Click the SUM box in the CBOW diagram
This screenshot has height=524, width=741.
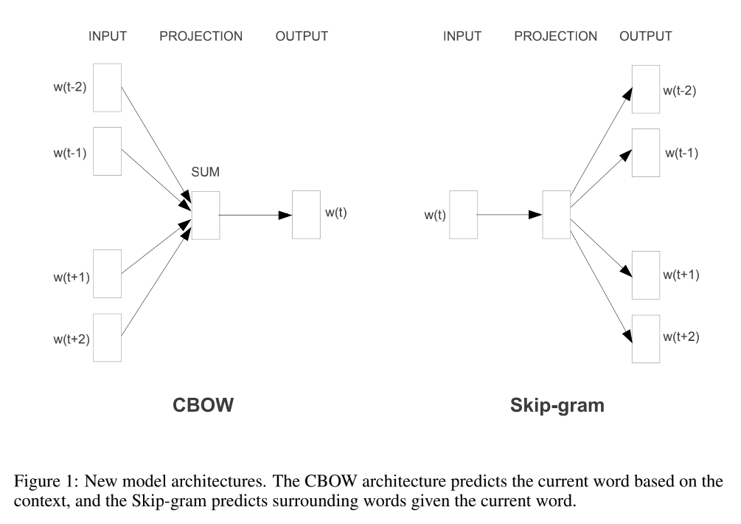(206, 215)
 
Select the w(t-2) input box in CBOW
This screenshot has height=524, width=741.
(108, 88)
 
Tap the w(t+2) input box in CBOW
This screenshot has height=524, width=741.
(108, 337)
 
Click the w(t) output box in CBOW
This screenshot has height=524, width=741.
(306, 215)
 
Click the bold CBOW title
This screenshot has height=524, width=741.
(202, 405)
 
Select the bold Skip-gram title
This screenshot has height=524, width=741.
(557, 405)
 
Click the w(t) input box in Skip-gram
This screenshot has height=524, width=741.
(463, 215)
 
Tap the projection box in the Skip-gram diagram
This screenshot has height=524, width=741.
(556, 215)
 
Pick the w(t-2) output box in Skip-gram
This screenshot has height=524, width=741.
(646, 89)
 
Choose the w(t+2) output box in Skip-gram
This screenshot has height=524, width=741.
(646, 338)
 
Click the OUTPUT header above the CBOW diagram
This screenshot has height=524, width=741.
(302, 36)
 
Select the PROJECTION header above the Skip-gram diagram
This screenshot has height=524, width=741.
(555, 36)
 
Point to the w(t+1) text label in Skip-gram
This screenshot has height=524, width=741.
(681, 275)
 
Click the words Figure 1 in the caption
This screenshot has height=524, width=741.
(42, 481)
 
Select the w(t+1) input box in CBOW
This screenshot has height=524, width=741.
(108, 273)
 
